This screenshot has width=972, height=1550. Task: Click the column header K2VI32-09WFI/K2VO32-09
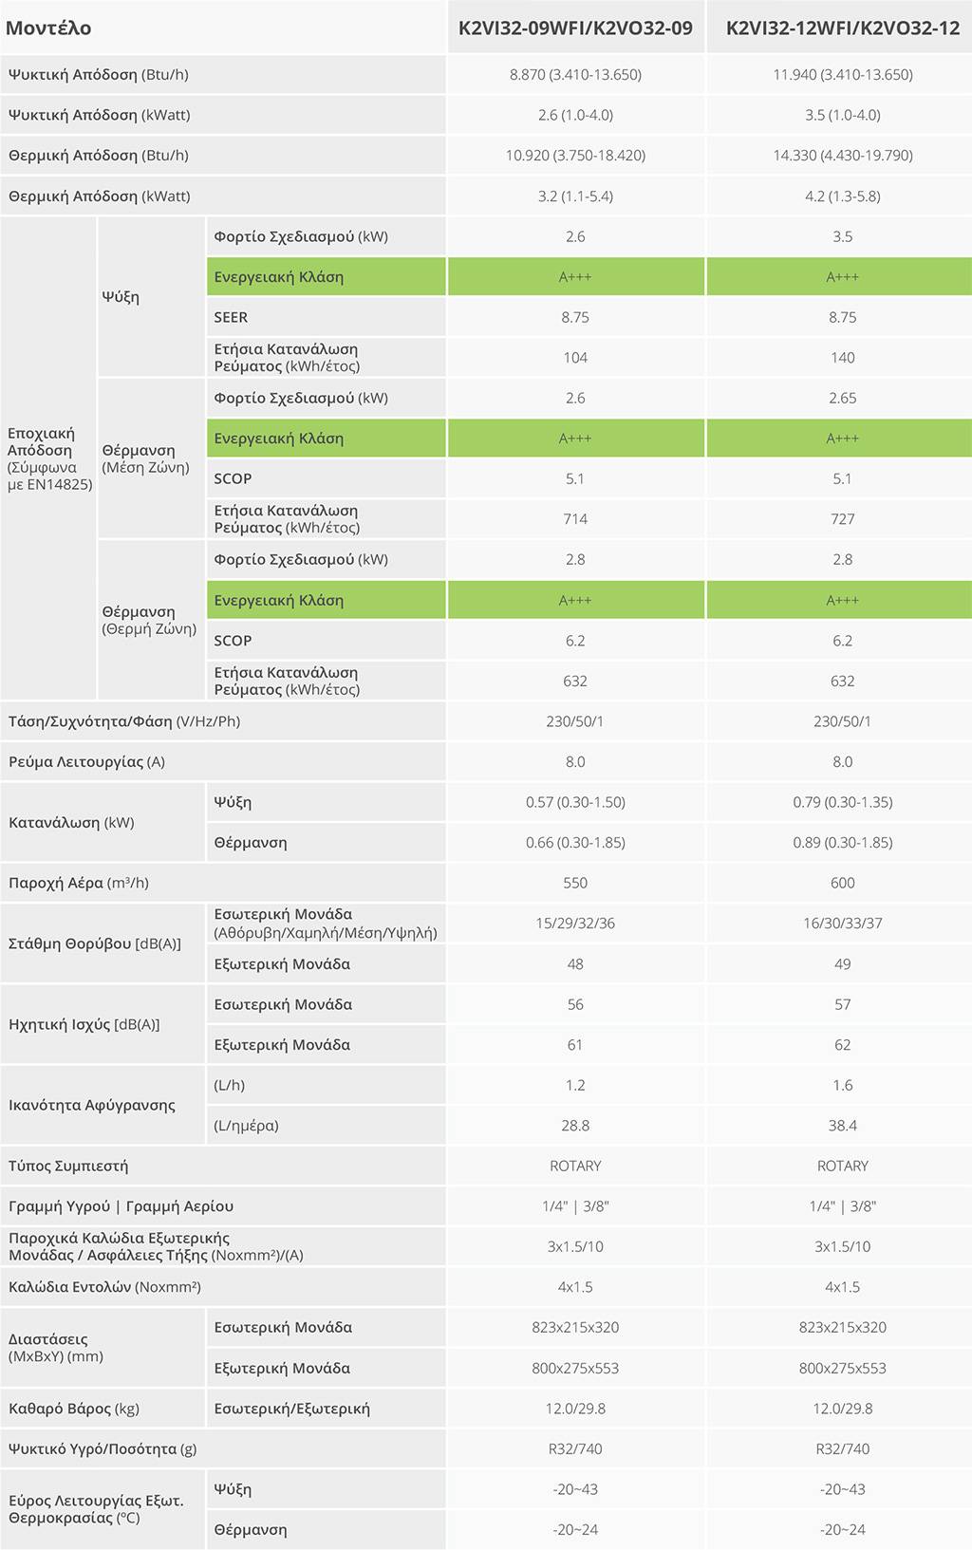click(575, 28)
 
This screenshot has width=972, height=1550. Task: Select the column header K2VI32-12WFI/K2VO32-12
click(842, 28)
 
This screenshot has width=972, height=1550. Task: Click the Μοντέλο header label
click(48, 28)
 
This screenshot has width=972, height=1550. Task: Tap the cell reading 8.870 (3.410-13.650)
click(575, 74)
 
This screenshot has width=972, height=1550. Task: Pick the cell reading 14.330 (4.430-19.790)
click(842, 155)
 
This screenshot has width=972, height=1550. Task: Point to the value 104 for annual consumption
click(575, 358)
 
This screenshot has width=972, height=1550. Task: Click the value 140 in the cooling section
click(842, 358)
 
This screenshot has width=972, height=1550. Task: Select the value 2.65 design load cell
click(842, 398)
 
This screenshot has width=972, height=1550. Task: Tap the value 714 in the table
click(575, 519)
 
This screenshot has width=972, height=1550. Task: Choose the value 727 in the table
click(842, 519)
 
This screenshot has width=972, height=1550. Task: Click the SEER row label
click(231, 317)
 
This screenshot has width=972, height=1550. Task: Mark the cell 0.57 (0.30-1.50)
click(575, 802)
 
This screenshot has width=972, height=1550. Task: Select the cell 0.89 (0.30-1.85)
click(842, 842)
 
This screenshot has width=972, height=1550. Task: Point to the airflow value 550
click(575, 883)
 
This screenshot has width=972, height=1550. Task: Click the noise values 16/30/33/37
click(842, 923)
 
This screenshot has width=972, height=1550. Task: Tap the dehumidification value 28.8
click(575, 1126)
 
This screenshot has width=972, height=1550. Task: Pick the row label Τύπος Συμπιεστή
click(68, 1166)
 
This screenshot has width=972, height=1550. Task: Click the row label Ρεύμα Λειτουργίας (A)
click(86, 761)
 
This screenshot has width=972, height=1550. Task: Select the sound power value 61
click(575, 1045)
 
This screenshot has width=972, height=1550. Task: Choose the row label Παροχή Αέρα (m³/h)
click(79, 883)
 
